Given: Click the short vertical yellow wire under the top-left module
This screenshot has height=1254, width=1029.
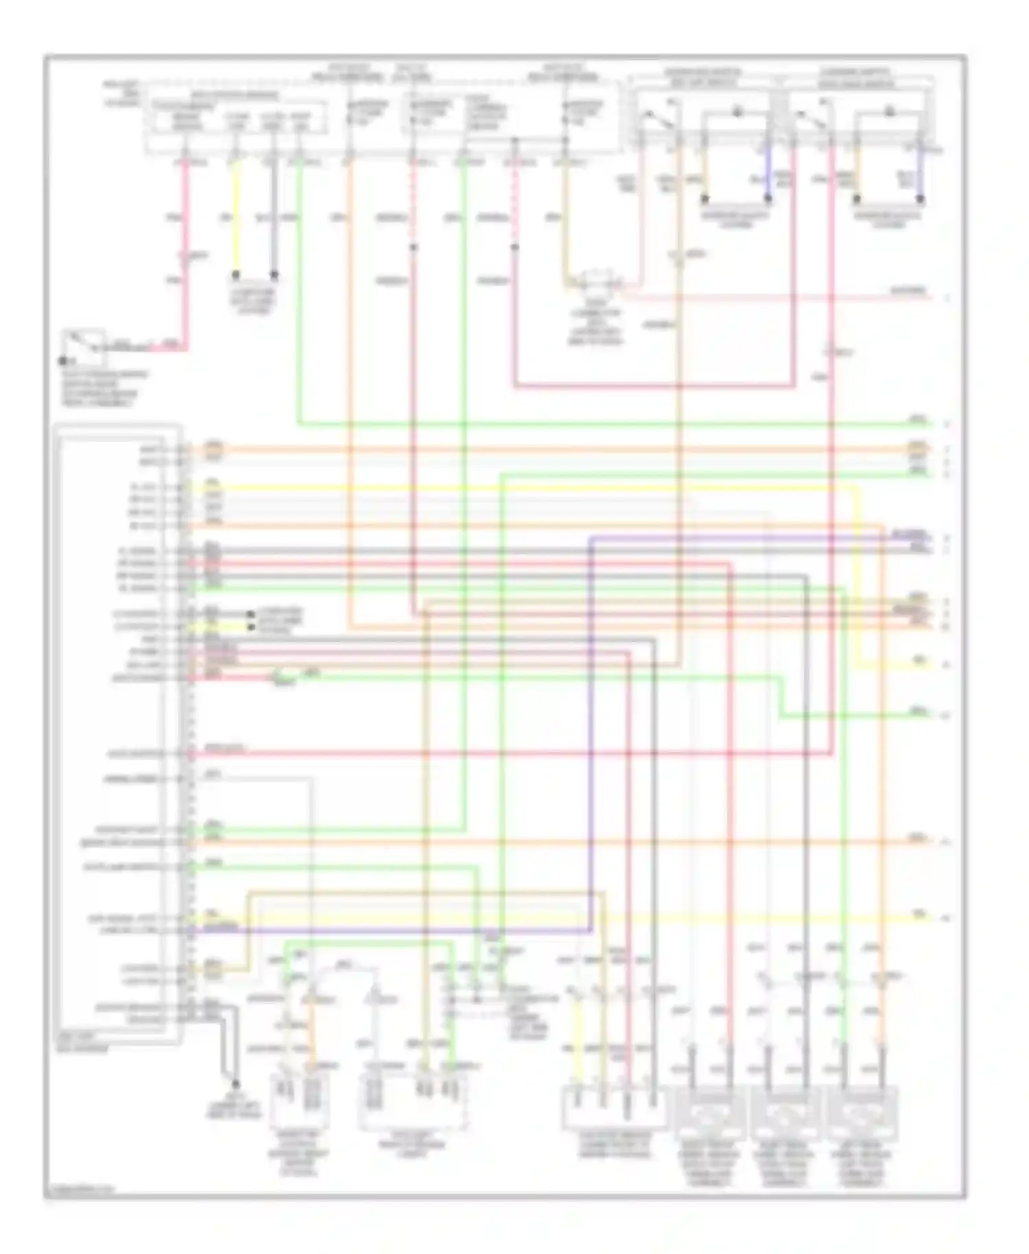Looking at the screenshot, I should pyautogui.click(x=236, y=213).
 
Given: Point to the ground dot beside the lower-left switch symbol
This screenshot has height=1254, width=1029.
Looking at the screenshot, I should pyautogui.click(x=62, y=360).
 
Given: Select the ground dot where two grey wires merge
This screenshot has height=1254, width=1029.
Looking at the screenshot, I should pyautogui.click(x=235, y=1084).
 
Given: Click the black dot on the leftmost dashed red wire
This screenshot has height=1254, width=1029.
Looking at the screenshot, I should pyautogui.click(x=413, y=247).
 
